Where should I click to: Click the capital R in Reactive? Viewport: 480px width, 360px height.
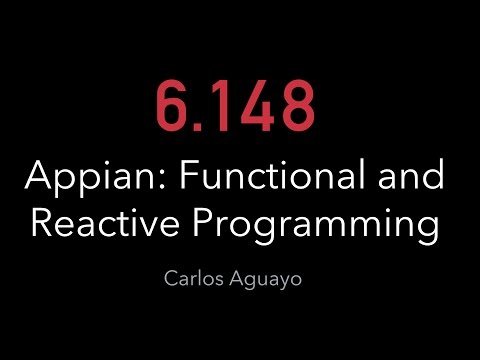click(x=43, y=222)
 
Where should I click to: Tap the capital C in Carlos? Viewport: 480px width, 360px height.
click(x=172, y=277)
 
